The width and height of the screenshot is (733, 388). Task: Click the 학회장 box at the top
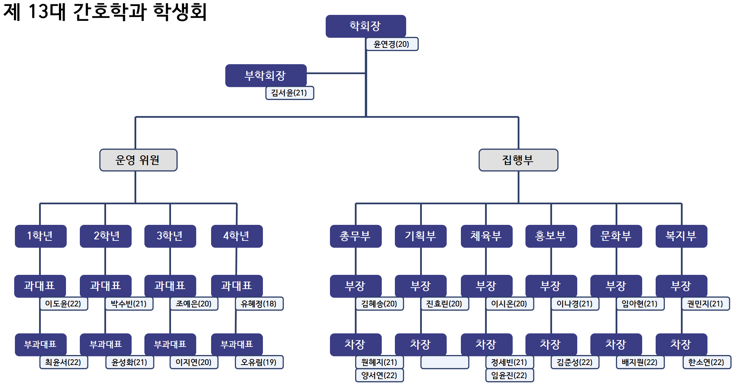365,26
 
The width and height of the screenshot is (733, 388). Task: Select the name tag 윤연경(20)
392,44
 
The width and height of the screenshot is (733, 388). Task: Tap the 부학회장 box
266,75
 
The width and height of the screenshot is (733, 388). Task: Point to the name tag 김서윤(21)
290,93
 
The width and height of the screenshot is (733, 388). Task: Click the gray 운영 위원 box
138,160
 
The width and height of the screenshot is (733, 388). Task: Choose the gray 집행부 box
518,160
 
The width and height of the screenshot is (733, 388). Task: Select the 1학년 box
40,236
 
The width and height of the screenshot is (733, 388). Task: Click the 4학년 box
237,236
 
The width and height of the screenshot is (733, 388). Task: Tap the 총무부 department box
356,236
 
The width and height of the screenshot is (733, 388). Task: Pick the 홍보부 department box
551,236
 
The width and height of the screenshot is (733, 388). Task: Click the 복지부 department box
681,236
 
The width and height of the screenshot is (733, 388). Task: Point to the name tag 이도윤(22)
64,304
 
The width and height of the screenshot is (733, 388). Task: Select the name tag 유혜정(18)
259,304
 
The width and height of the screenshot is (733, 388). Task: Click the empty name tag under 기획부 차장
445,362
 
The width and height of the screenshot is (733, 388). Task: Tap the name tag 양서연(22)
379,375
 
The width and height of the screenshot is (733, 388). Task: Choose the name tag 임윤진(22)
509,375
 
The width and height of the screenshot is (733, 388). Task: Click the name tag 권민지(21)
705,304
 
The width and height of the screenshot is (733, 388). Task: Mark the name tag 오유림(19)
259,362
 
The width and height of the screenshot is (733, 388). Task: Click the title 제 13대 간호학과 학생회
105,11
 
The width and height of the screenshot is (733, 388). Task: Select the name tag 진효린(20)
445,304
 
